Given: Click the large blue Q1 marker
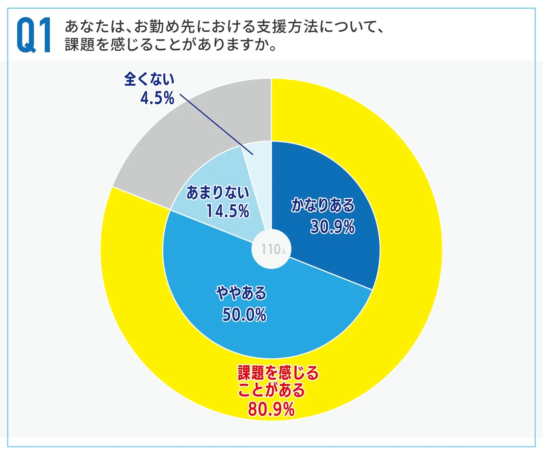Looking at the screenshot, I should (x=34, y=35).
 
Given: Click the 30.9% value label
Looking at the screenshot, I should (x=332, y=227).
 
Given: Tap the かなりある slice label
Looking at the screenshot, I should (x=323, y=205).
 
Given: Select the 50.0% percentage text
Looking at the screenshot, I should (x=244, y=314).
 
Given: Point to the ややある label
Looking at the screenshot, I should (x=241, y=293).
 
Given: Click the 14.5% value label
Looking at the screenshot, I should (x=227, y=211).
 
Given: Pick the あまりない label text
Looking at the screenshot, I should (x=218, y=193).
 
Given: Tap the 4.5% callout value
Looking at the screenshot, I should (x=157, y=98).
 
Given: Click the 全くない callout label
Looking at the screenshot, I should (x=149, y=79).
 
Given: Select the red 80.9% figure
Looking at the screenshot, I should (x=271, y=409).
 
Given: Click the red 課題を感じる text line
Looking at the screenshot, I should (x=278, y=373).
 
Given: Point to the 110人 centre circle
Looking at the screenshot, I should (x=272, y=249).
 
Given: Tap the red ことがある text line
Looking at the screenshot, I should (x=271, y=390).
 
